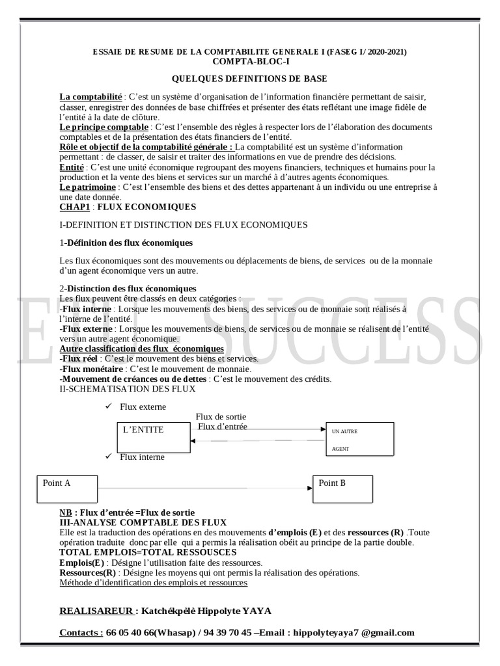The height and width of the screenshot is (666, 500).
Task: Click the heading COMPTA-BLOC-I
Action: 251,61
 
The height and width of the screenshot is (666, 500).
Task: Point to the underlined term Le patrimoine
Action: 87,187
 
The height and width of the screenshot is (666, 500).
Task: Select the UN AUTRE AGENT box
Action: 360,440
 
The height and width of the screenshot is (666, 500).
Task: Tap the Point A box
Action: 67,489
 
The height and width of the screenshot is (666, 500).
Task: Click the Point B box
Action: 343,489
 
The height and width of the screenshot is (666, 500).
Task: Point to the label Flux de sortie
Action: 221,417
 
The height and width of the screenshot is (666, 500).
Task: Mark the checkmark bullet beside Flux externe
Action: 108,406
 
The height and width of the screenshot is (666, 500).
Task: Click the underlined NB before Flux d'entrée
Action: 65,513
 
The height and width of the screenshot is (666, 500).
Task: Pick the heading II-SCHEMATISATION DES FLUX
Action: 127,389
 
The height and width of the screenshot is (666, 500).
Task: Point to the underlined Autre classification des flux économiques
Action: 141,349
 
